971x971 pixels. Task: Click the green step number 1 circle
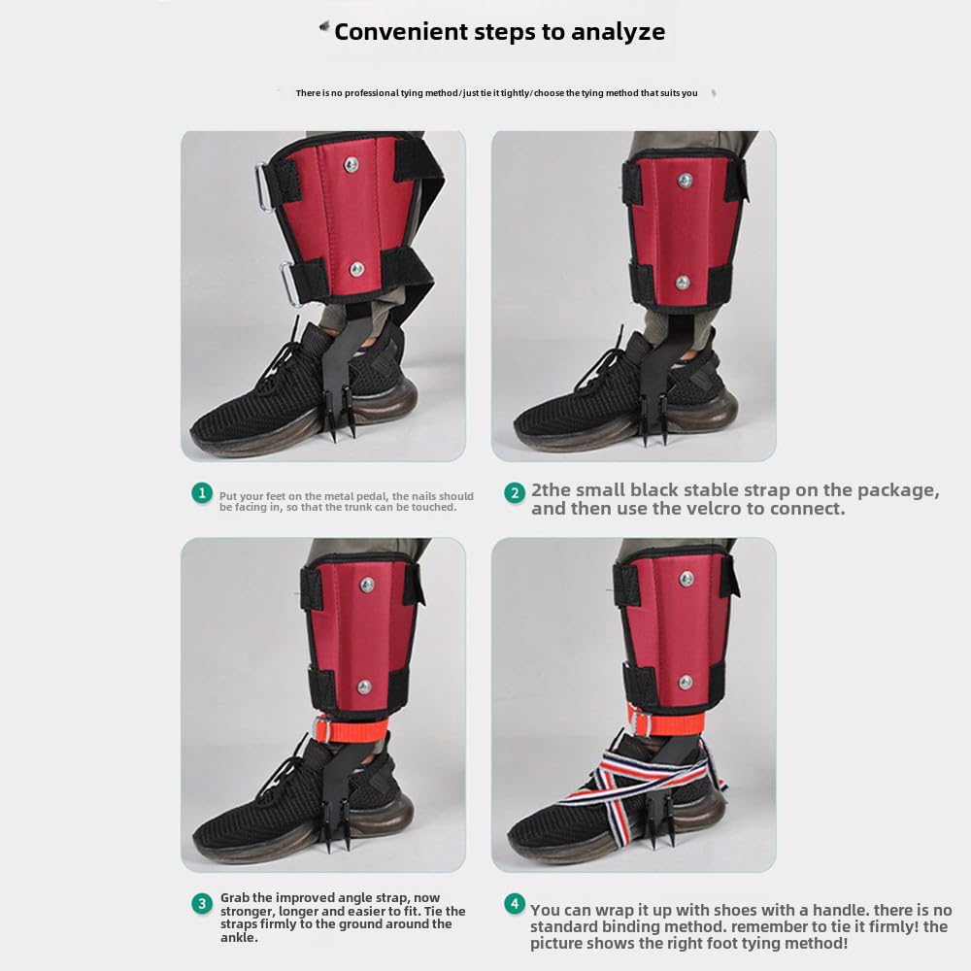tap(201, 493)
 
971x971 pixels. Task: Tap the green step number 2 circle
tap(515, 493)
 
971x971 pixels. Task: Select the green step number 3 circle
tap(201, 904)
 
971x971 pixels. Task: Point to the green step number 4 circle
tap(515, 904)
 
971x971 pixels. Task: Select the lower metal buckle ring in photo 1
tap(290, 282)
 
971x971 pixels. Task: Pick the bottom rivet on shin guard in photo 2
tap(683, 283)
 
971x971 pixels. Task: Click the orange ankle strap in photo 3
tap(348, 727)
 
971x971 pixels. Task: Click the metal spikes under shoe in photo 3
tap(345, 835)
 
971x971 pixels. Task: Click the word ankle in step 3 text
tap(239, 938)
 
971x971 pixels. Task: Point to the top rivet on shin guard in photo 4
tap(686, 580)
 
